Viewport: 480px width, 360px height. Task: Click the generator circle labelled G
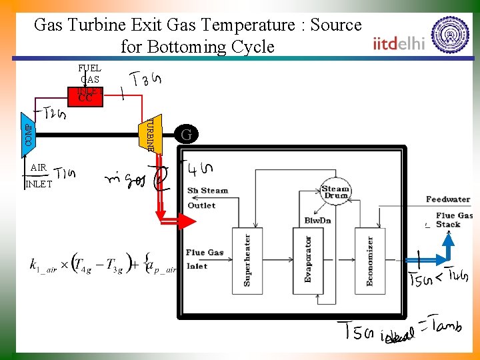pos(187,135)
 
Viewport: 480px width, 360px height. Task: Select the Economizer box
pos(369,260)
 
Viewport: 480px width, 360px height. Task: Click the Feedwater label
pos(448,199)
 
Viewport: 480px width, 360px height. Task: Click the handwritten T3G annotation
pos(146,81)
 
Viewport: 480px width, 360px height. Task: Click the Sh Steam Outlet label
pos(207,198)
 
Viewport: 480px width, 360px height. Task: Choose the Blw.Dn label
pos(317,220)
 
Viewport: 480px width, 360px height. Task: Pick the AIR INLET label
pos(37,175)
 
